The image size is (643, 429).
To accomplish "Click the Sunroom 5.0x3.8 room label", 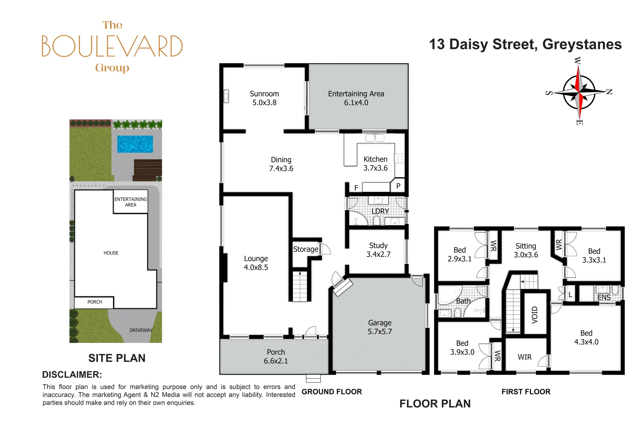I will coord(264,98).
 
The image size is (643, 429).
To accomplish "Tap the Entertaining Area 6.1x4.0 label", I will coord(356,98).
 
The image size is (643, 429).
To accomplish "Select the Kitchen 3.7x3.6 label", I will coord(375,164).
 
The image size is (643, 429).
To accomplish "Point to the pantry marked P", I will coord(398,186).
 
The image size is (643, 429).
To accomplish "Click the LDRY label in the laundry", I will coord(380,211).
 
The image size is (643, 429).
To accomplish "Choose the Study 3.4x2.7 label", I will coord(378,250).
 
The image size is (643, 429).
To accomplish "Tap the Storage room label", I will coord(306,249).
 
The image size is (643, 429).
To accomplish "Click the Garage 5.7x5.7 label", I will coord(380,327).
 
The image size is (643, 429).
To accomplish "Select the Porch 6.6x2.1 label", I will coord(276,356).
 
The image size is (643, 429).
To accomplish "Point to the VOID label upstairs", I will coord(535,314).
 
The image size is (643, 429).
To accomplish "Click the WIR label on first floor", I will coord(524,357).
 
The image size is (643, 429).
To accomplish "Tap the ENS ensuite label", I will coord(604,297).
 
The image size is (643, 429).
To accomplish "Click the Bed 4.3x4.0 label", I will coord(586,337).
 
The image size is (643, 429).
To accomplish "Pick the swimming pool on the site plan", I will coord(135,144).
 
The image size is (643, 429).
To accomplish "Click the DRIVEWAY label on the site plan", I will coord(141,330).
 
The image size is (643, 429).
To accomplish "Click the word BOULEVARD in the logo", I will coord(112,46).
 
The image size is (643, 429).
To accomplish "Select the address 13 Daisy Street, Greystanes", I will coord(525,44).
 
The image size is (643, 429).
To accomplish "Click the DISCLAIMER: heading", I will coord(72,375).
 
